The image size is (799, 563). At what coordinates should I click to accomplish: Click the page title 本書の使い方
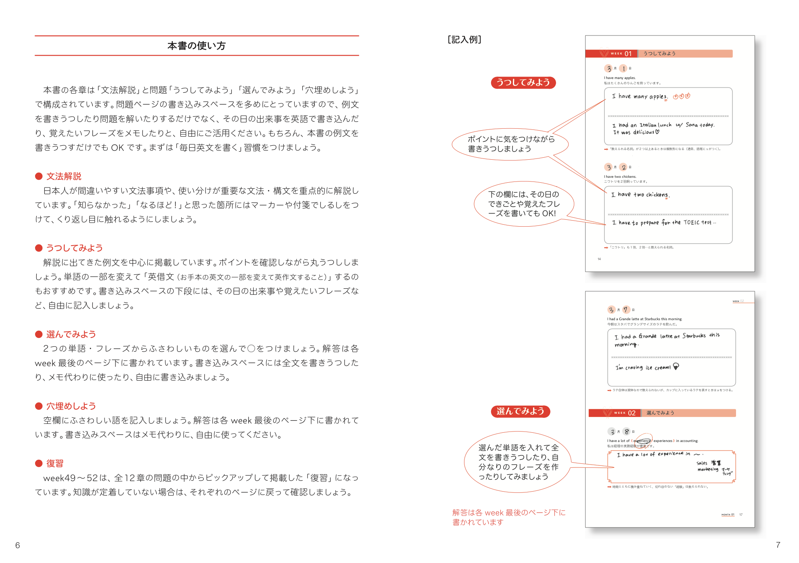point(197,46)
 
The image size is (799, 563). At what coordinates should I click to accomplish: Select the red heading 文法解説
point(64,176)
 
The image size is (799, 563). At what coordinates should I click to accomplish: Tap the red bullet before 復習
point(39,463)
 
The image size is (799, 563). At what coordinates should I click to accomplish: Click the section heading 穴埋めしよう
point(71,406)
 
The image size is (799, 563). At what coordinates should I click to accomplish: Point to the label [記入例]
point(464,40)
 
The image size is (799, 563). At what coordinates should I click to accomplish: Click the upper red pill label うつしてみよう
point(523,83)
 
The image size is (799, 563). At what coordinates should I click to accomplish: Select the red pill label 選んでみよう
point(520,411)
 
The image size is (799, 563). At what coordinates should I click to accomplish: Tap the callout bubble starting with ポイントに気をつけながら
point(510,144)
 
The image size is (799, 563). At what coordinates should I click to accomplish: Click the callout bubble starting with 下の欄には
point(523,204)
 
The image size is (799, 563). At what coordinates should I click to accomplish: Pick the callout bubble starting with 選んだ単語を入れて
point(518,462)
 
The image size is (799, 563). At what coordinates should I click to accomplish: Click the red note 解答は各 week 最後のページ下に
point(508,517)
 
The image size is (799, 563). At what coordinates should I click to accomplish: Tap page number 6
point(17,545)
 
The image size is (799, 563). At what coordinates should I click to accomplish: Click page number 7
point(778,545)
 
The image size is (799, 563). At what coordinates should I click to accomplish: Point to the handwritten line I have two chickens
point(640,195)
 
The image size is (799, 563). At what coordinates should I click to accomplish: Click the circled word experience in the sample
point(642,441)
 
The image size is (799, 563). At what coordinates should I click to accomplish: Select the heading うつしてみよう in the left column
point(74,248)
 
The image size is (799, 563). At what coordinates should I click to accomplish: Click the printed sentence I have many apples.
point(619,78)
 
